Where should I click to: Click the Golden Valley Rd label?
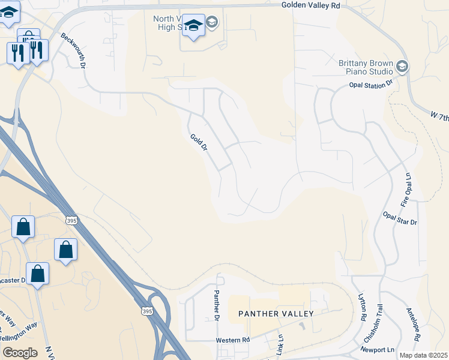(310, 5)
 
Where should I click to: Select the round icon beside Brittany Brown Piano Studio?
(402, 67)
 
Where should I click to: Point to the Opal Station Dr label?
(370, 85)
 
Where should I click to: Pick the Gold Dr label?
(199, 142)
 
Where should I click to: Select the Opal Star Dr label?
(400, 218)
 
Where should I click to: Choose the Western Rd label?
(233, 340)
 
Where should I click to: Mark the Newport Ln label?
(378, 349)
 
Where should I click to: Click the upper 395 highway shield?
(72, 221)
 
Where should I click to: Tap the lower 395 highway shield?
(147, 311)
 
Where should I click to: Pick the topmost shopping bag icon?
(23, 227)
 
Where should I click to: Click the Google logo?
(20, 352)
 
